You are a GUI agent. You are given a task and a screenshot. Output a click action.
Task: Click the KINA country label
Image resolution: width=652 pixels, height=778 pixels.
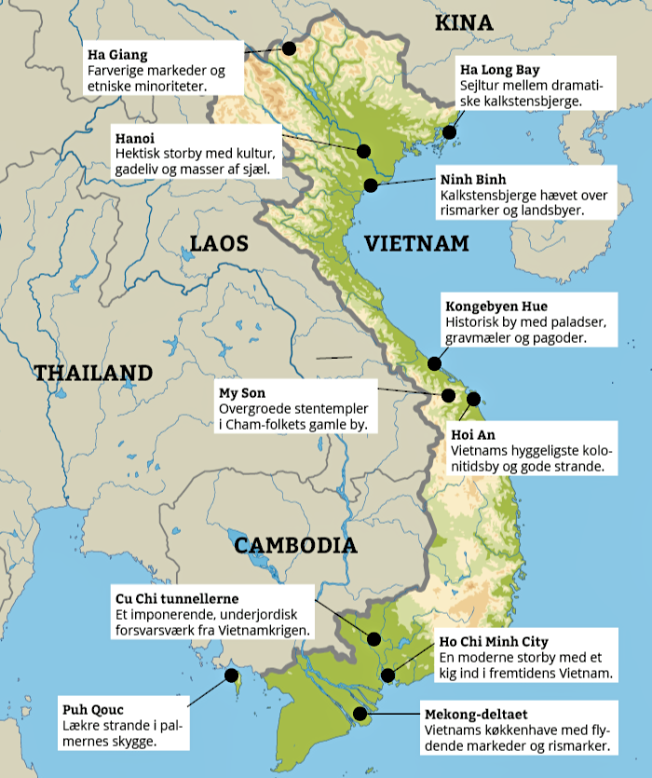(464, 23)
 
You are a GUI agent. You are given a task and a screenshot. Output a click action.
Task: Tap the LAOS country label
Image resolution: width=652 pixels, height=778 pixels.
(220, 244)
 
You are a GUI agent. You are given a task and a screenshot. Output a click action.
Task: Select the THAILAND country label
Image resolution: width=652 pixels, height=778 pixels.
(93, 373)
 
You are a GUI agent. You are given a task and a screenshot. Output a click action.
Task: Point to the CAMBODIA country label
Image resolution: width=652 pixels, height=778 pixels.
(295, 545)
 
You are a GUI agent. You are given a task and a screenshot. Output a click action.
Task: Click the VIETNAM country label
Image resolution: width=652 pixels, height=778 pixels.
(415, 244)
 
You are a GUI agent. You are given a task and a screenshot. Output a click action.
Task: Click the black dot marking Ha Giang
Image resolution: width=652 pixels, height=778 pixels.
(289, 48)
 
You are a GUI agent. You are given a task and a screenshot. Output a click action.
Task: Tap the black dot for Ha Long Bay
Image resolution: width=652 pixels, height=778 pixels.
(450, 132)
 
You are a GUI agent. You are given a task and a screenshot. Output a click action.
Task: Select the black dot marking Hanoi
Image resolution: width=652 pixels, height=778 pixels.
(363, 150)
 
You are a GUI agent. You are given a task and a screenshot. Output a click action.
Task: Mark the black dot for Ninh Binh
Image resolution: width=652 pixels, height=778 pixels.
(372, 184)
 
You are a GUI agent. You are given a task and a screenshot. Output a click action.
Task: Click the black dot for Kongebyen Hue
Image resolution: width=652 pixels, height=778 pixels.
(434, 364)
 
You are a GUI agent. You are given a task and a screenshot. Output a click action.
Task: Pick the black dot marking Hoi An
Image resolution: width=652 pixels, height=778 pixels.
(473, 399)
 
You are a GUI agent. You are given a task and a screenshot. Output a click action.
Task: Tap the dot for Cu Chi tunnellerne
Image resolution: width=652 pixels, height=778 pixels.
(374, 639)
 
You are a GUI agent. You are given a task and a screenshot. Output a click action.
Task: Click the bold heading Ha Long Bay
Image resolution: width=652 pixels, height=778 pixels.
(499, 70)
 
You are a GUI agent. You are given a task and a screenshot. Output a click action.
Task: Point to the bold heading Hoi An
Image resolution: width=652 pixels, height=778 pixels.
(468, 434)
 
